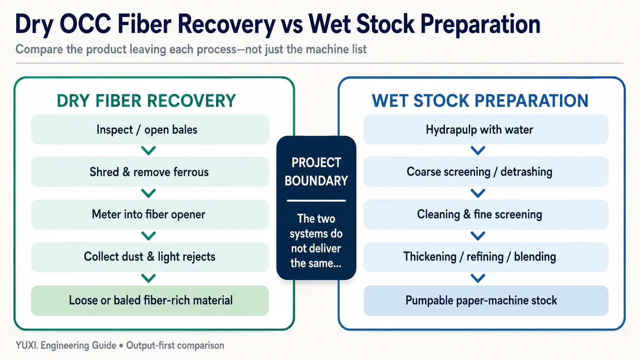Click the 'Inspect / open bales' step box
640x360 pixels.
(x=150, y=129)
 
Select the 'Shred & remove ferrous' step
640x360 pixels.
(x=150, y=171)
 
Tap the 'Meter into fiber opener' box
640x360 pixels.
(x=150, y=214)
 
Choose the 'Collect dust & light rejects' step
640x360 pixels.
(x=150, y=257)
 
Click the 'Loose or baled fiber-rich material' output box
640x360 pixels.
(x=150, y=300)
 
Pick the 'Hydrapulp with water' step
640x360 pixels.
(x=486, y=129)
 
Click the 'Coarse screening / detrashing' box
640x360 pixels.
(x=486, y=171)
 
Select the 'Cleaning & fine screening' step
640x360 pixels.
(x=486, y=214)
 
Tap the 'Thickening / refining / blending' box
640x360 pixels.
(x=486, y=257)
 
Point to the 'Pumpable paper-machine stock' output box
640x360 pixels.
(x=486, y=300)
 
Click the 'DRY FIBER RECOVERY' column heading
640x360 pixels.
(x=146, y=101)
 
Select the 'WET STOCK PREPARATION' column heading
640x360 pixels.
(x=480, y=101)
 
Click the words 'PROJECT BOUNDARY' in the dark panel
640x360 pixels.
(x=316, y=171)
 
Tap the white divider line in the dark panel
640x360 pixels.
(x=316, y=201)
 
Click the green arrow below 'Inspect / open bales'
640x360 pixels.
(x=149, y=150)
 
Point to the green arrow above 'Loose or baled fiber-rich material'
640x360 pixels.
(x=149, y=279)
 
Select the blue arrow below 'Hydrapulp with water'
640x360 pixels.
(x=478, y=150)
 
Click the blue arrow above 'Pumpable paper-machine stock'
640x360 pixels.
(x=478, y=279)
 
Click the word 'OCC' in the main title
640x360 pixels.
(x=85, y=24)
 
